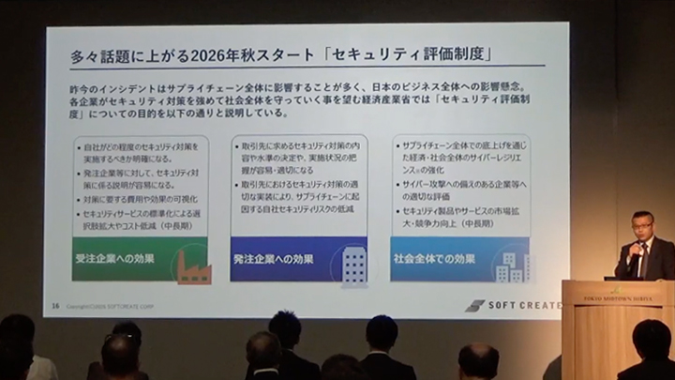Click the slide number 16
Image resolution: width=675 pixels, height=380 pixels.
pos(56,305)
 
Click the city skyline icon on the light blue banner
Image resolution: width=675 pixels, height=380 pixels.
pos(511,266)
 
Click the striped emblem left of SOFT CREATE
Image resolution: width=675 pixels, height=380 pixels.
pos(475,305)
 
